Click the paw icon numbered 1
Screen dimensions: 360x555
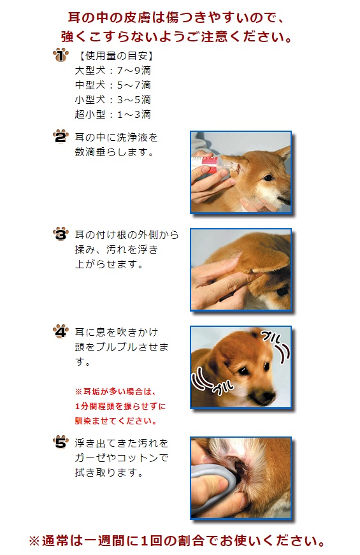click(x=61, y=55)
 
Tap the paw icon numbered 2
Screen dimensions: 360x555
click(x=61, y=136)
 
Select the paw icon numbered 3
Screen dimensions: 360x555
click(x=61, y=234)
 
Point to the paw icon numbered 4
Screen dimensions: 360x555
click(x=61, y=331)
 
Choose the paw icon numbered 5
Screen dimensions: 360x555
click(x=61, y=442)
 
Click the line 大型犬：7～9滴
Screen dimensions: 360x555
click(x=113, y=71)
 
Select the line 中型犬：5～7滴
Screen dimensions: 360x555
click(x=113, y=85)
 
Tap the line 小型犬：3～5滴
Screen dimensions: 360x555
click(x=113, y=100)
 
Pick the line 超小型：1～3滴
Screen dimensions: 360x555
click(x=113, y=114)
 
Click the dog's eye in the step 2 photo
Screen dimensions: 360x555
click(x=268, y=178)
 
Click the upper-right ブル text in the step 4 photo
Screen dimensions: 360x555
click(x=271, y=336)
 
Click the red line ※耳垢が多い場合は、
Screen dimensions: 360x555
click(x=115, y=391)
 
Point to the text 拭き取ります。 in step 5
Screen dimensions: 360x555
click(x=109, y=473)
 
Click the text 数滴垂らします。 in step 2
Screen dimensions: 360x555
click(x=114, y=152)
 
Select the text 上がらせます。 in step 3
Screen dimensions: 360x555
click(x=109, y=264)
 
